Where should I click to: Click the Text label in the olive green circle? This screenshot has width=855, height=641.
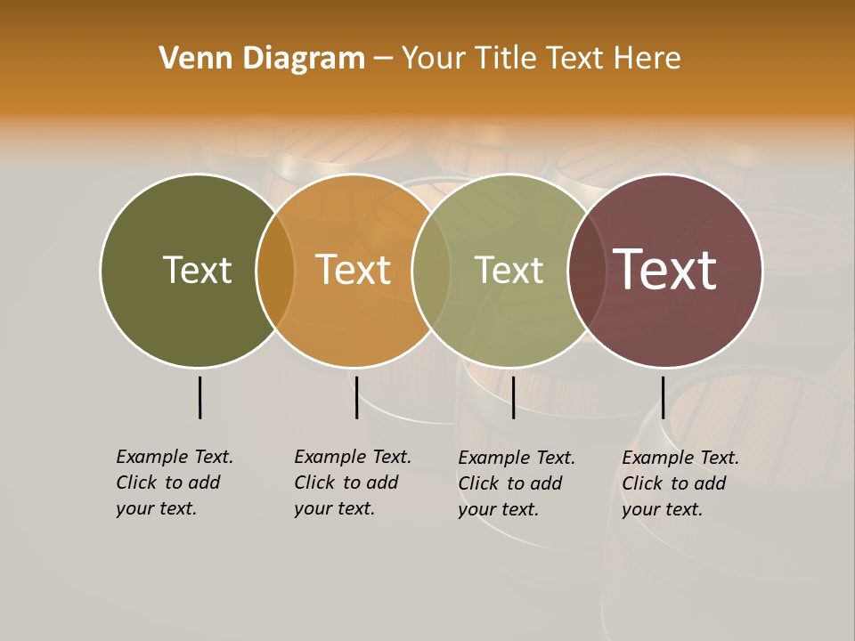[197, 270]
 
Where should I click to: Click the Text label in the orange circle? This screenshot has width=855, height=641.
[354, 270]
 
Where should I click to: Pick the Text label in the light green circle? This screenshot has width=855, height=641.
[509, 270]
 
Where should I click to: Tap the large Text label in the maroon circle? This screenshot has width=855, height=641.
[665, 270]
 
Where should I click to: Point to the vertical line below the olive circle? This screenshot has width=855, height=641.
[200, 397]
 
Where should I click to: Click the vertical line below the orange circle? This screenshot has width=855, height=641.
[356, 397]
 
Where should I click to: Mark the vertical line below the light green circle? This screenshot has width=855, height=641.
[513, 397]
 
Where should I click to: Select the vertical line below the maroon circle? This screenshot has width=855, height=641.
[663, 397]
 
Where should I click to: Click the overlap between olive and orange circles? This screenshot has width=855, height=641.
[275, 271]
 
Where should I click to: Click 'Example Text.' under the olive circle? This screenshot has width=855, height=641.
[175, 457]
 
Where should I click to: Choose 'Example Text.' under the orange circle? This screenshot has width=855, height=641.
[353, 457]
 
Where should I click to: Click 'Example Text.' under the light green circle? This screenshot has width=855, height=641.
[517, 458]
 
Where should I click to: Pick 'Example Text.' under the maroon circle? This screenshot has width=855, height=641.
[680, 458]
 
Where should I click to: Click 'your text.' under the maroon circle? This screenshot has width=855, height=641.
[662, 509]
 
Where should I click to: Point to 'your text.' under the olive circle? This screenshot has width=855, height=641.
[156, 508]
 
